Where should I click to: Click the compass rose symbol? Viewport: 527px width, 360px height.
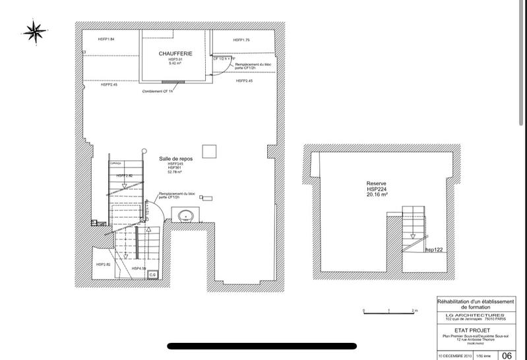click(x=34, y=30)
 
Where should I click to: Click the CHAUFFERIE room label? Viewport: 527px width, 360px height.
click(x=174, y=53)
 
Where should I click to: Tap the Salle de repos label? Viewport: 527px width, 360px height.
click(x=175, y=159)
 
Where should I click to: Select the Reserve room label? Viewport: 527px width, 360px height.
click(x=377, y=184)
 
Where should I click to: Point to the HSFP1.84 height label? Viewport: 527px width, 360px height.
click(x=106, y=40)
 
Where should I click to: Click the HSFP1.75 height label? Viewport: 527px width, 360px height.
click(x=241, y=40)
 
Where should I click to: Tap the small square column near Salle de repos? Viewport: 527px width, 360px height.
click(x=209, y=152)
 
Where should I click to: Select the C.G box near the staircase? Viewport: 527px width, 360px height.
click(x=152, y=274)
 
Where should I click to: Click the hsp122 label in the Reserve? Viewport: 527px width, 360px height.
click(x=433, y=250)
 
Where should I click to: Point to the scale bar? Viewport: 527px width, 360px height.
click(x=389, y=311)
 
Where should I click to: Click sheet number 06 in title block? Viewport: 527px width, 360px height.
click(x=507, y=355)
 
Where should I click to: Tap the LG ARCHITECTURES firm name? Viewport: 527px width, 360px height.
click(x=475, y=316)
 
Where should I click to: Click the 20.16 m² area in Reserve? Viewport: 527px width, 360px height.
click(x=377, y=196)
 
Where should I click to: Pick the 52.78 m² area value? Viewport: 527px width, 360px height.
click(x=174, y=172)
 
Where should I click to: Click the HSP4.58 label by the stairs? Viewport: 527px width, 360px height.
click(x=139, y=269)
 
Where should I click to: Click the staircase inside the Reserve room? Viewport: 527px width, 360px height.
click(x=414, y=224)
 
